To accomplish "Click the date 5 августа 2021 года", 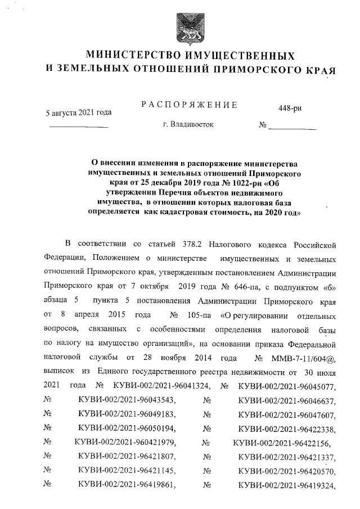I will (x=78, y=112).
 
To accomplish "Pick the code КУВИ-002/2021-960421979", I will (x=125, y=443).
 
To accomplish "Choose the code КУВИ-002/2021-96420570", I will (x=287, y=470).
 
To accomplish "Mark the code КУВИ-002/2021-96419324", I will (x=287, y=484).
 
